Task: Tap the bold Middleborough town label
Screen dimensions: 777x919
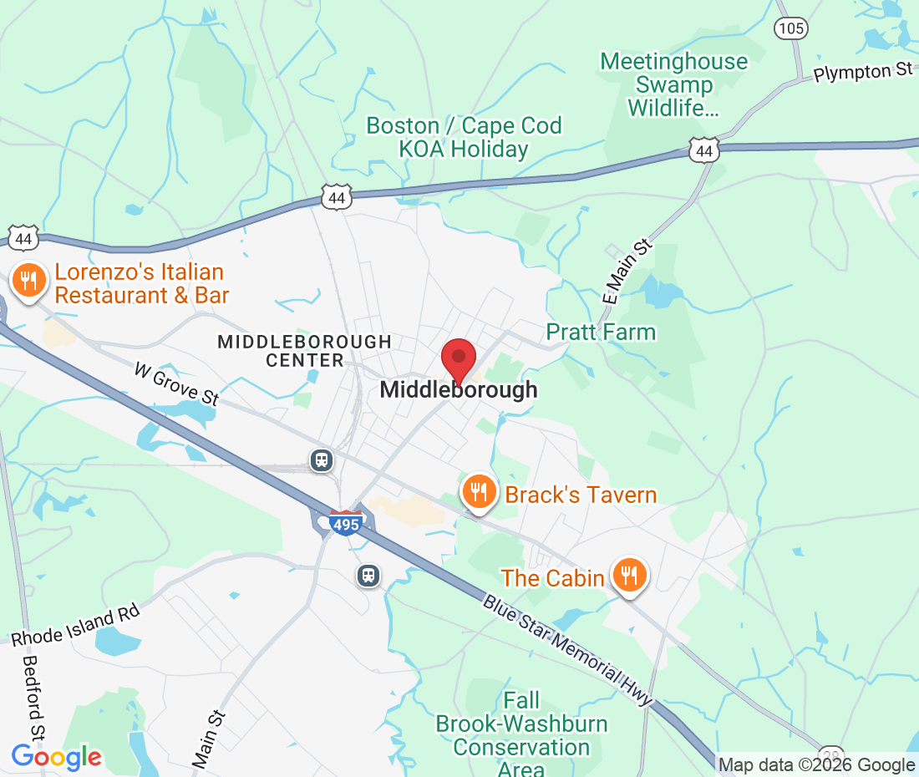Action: [x=459, y=390]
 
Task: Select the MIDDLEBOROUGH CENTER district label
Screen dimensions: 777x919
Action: [x=304, y=351]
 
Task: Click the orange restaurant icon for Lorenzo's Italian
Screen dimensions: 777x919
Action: [x=30, y=282]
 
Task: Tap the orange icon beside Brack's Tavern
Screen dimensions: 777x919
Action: [x=478, y=492]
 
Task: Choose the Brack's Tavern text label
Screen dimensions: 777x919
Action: [x=581, y=495]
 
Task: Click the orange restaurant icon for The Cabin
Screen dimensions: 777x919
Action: [x=629, y=576]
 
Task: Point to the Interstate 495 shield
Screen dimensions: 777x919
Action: [x=345, y=524]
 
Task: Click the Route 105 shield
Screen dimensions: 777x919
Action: [x=790, y=29]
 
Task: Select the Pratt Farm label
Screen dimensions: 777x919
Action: [x=601, y=333]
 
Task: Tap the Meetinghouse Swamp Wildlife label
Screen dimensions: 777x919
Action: [x=674, y=84]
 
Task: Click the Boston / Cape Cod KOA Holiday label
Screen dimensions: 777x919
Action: [x=464, y=138]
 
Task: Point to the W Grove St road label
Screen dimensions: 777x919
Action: [x=176, y=383]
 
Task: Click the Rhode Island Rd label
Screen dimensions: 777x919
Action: [x=75, y=625]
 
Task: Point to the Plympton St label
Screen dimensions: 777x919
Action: [x=863, y=72]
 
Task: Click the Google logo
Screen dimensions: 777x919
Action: [x=56, y=757]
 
